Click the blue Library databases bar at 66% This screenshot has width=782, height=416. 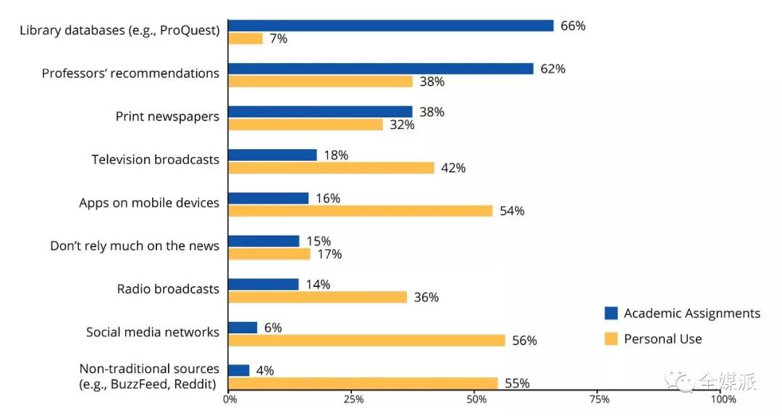(x=391, y=25)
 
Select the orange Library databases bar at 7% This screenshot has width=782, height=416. (x=245, y=38)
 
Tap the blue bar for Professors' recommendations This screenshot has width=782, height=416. (x=381, y=69)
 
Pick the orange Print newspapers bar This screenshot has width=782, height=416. (x=306, y=125)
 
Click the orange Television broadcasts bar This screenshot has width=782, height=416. (x=331, y=167)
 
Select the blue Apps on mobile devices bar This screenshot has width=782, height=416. (x=268, y=198)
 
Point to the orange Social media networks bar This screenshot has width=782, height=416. (x=366, y=340)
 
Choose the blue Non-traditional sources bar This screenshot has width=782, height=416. (x=239, y=370)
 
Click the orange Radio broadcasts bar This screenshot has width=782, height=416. (x=317, y=296)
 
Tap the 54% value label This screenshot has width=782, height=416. (x=512, y=211)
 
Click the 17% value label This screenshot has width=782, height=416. (x=329, y=254)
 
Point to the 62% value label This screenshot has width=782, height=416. (x=552, y=69)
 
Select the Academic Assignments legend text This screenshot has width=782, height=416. (x=692, y=313)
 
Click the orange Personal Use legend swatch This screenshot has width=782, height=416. (x=611, y=338)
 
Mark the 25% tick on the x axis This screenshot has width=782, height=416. (x=353, y=399)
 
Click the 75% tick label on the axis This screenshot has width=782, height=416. (x=600, y=399)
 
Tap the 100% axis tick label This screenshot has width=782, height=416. (x=723, y=399)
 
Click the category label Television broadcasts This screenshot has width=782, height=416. (x=155, y=159)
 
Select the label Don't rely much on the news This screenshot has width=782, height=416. (x=135, y=246)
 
